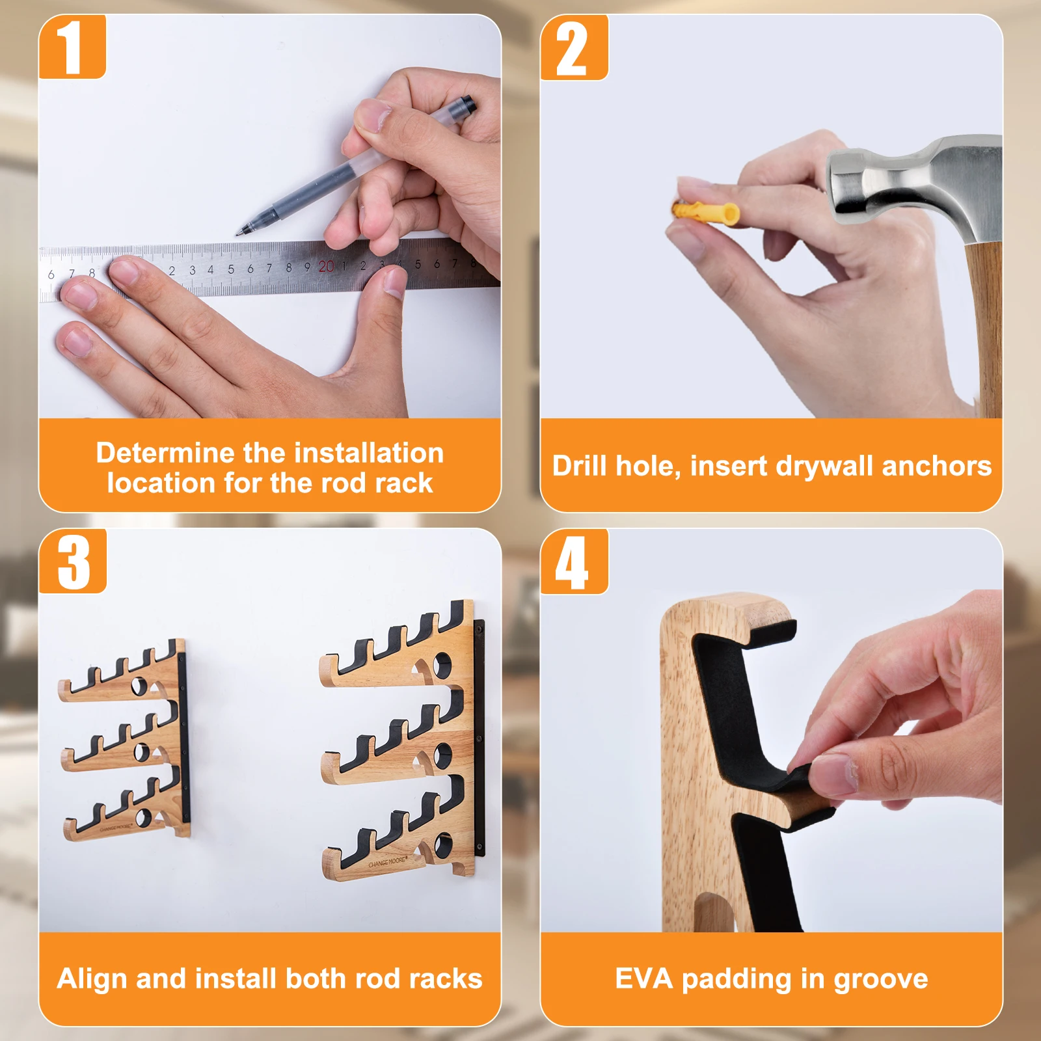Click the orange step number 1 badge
pyautogui.click(x=72, y=47)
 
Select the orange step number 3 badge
pyautogui.click(x=72, y=561)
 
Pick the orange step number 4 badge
pyautogui.click(x=574, y=561)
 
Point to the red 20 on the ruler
pyautogui.click(x=326, y=266)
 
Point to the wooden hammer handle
pyautogui.click(x=982, y=329)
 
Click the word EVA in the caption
pyautogui.click(x=643, y=979)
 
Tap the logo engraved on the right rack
pyautogui.click(x=388, y=863)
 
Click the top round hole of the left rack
pyautogui.click(x=139, y=686)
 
